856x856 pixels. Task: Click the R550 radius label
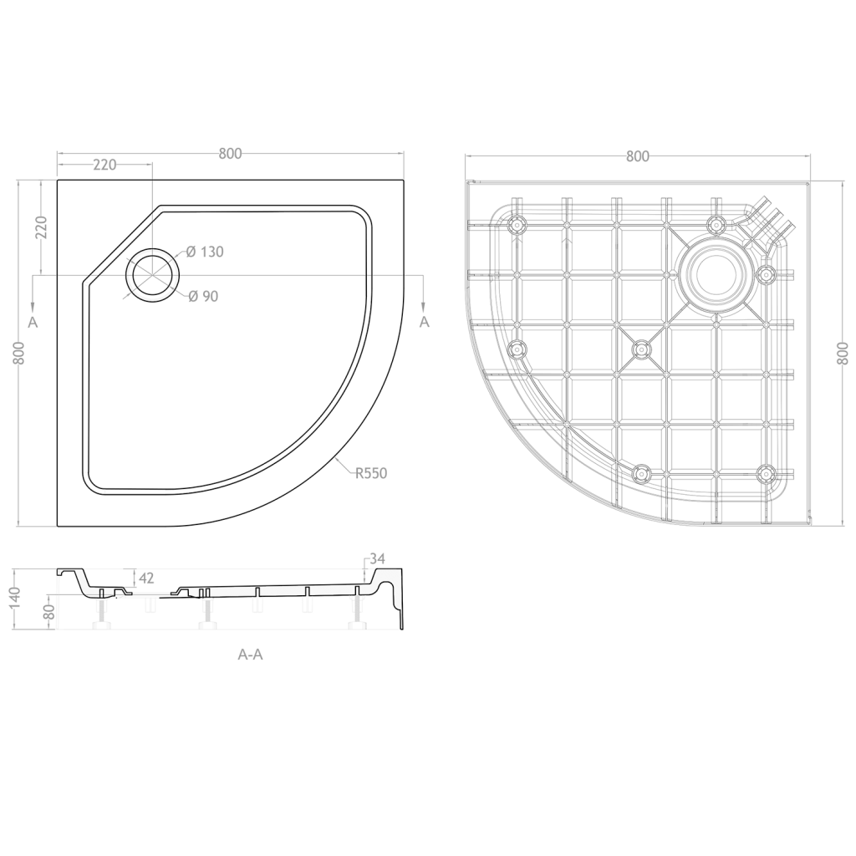coord(371,473)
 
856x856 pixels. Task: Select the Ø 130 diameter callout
coord(205,252)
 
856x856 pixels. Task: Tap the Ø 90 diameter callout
coord(203,297)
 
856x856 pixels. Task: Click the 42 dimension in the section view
coord(147,578)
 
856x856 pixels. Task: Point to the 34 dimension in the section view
coord(377,558)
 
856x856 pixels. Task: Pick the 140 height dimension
coord(15,599)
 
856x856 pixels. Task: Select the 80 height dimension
coord(49,612)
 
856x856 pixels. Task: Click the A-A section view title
coord(251,654)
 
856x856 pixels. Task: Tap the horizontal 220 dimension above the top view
coord(104,165)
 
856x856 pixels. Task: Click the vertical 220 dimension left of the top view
coord(43,227)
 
